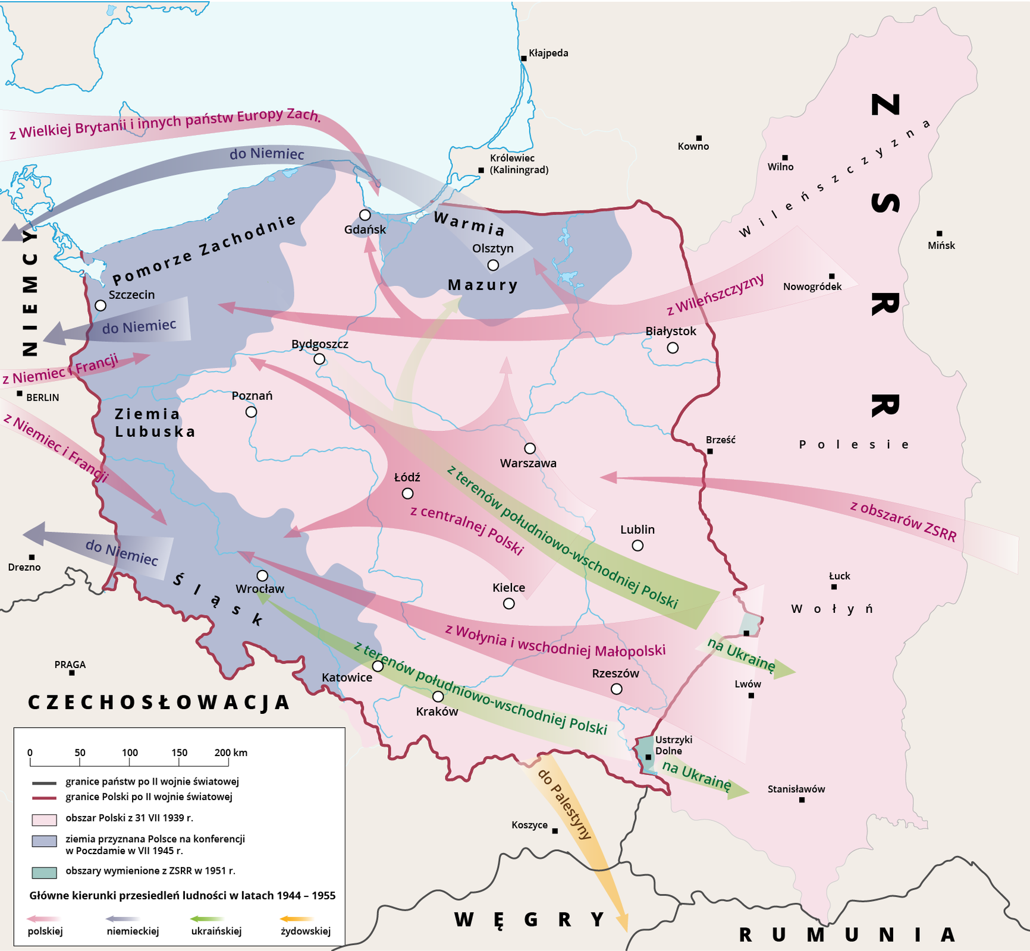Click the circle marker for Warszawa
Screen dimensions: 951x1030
pos(530,448)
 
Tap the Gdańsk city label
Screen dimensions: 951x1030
pos(365,229)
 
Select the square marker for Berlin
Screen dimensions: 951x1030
pos(20,393)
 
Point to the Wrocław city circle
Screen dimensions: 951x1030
pos(262,575)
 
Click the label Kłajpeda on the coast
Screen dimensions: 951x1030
pos(548,53)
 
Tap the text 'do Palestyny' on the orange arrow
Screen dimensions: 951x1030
pos(564,804)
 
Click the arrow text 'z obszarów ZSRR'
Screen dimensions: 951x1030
pos(903,521)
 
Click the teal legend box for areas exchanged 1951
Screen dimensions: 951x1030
pos(44,872)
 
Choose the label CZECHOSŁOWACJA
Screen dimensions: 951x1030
pos(159,702)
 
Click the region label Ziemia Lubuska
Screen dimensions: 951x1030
pos(155,423)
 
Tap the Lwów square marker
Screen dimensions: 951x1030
pos(751,695)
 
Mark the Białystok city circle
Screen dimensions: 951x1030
pos(673,348)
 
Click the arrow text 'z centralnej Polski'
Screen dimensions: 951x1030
pos(467,530)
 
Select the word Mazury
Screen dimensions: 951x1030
pos(483,285)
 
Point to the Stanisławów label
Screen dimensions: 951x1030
pos(796,789)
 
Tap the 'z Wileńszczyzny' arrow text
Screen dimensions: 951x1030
pos(715,295)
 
